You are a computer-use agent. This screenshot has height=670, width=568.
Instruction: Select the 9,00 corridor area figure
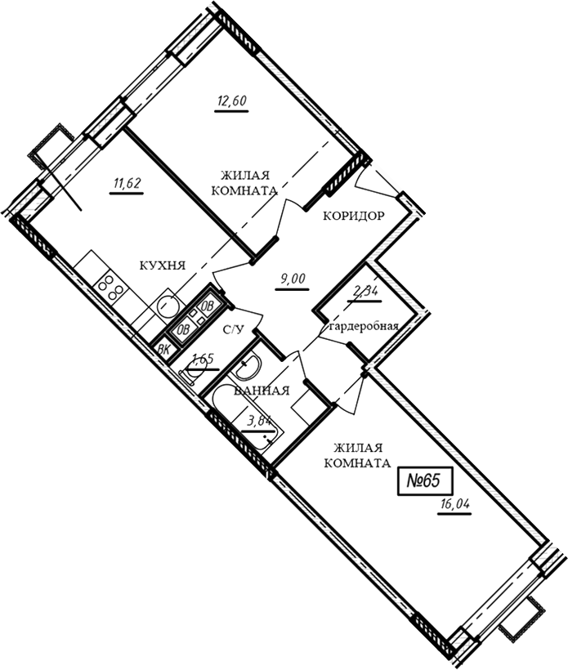[x=293, y=279]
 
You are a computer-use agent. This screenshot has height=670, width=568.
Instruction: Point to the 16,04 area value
[x=454, y=504]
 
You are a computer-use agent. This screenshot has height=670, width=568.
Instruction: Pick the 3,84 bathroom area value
[x=259, y=421]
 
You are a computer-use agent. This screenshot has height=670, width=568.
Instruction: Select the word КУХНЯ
[x=163, y=266]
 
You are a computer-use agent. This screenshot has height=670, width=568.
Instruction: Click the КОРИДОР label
[x=353, y=217]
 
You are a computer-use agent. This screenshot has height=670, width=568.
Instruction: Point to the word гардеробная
[x=365, y=327]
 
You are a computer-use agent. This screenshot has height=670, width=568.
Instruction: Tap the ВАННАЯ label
[x=262, y=390]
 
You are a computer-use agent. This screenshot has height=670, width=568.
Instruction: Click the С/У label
[x=234, y=329]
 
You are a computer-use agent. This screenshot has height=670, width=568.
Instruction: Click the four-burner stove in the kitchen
[x=111, y=288]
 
